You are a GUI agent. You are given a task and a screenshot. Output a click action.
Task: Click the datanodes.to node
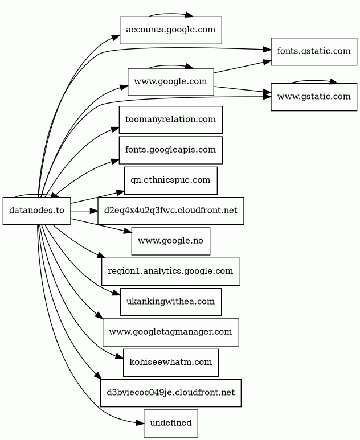click(37, 211)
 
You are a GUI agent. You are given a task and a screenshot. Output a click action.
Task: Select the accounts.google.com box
click(171, 30)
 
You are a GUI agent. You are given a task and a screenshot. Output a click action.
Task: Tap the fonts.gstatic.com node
click(314, 52)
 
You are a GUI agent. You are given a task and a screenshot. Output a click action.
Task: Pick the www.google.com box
click(171, 82)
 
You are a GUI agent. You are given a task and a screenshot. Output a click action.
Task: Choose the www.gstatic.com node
click(314, 97)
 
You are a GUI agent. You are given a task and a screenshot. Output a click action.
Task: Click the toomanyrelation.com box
click(171, 120)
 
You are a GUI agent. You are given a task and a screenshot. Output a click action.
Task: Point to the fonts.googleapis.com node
click(171, 150)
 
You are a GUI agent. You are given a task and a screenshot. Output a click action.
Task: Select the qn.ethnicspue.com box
click(171, 180)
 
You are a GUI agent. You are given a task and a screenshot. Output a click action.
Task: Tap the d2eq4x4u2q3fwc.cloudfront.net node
click(171, 211)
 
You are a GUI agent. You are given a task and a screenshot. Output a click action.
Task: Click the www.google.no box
click(171, 241)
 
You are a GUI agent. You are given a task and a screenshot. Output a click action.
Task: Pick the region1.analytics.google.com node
click(171, 272)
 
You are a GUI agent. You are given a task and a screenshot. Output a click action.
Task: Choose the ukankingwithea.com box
click(171, 302)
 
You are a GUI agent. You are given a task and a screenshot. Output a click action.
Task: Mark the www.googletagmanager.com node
click(171, 332)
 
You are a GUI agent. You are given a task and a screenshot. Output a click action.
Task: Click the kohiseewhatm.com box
click(171, 363)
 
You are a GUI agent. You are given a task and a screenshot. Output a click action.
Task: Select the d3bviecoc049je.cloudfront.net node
click(171, 393)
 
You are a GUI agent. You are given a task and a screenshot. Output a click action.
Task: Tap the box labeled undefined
click(171, 423)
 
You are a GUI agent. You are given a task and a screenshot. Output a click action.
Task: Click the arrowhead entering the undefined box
click(140, 423)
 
